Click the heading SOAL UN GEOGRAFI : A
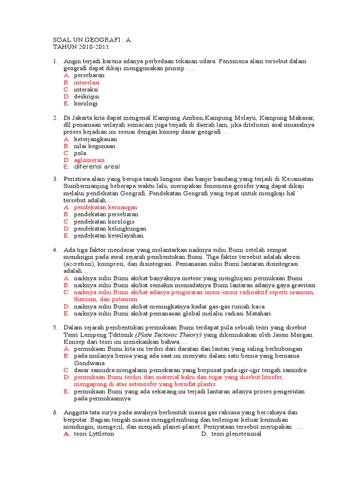[x=92, y=40]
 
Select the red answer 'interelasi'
[x=87, y=82]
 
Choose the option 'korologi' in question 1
[x=86, y=104]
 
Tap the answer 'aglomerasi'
[x=89, y=160]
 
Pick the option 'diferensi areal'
[x=97, y=167]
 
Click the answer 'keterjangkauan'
[x=96, y=139]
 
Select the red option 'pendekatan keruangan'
[x=105, y=207]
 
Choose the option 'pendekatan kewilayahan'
[x=109, y=236]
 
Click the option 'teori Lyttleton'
[x=94, y=434]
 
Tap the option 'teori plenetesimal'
[x=236, y=434]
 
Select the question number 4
[x=55, y=250]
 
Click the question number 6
[x=55, y=412]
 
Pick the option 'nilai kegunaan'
[x=95, y=146]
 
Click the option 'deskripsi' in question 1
[x=86, y=97]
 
